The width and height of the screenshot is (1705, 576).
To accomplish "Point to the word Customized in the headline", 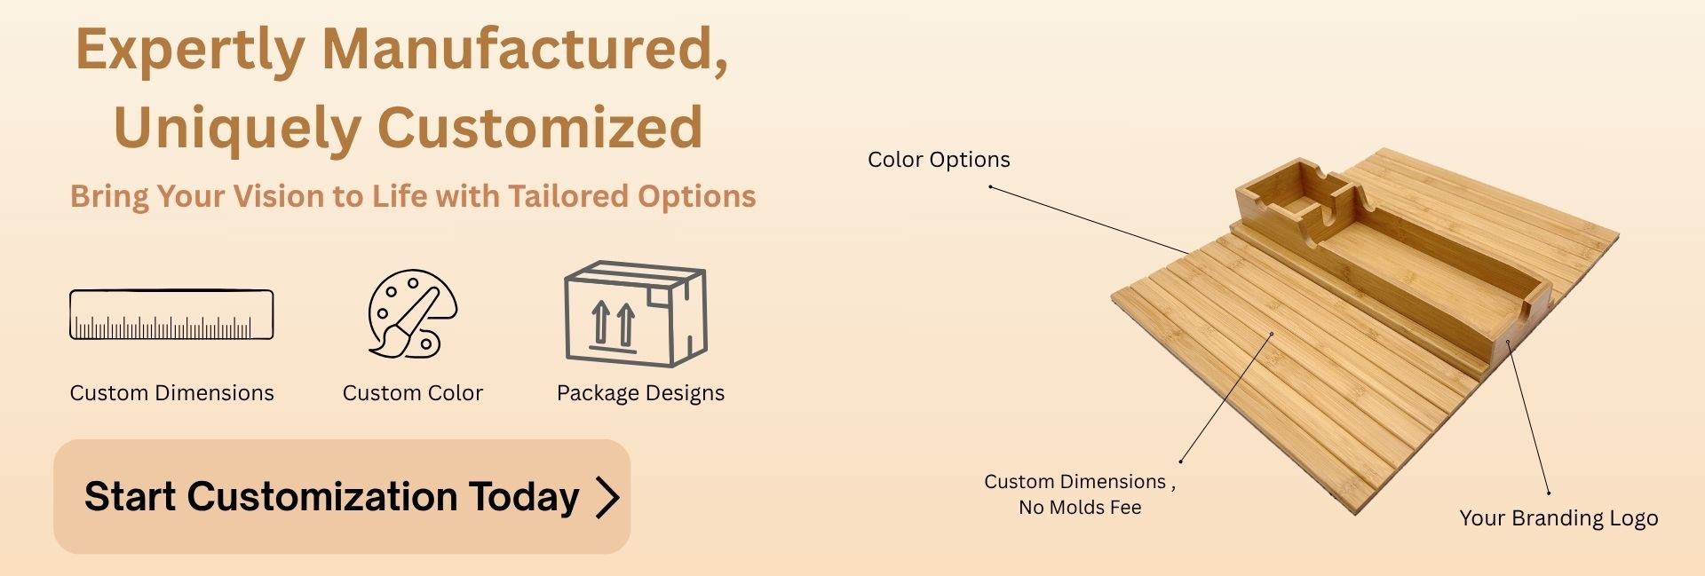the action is tap(541, 127).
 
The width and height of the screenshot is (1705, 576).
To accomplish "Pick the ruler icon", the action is tap(171, 315).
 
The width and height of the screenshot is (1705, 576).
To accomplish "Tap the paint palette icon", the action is tap(412, 314).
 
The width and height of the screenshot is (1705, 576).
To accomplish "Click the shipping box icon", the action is tap(636, 314).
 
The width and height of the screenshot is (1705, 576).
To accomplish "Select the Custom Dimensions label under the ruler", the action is tap(171, 393).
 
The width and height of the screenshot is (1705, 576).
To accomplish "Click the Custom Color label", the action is tap(413, 393).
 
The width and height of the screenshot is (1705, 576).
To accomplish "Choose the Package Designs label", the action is tap(640, 393).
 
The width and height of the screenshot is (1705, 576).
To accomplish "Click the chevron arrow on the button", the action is tap(607, 497).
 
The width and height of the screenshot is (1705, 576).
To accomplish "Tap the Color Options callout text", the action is tap(939, 160).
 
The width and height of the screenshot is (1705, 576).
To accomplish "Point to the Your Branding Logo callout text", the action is tap(1558, 518).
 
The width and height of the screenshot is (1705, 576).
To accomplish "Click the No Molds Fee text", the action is tap(1080, 508).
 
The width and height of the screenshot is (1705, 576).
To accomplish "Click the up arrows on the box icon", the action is tap(614, 325).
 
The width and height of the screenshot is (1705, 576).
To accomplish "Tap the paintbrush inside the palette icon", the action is tap(405, 323).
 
